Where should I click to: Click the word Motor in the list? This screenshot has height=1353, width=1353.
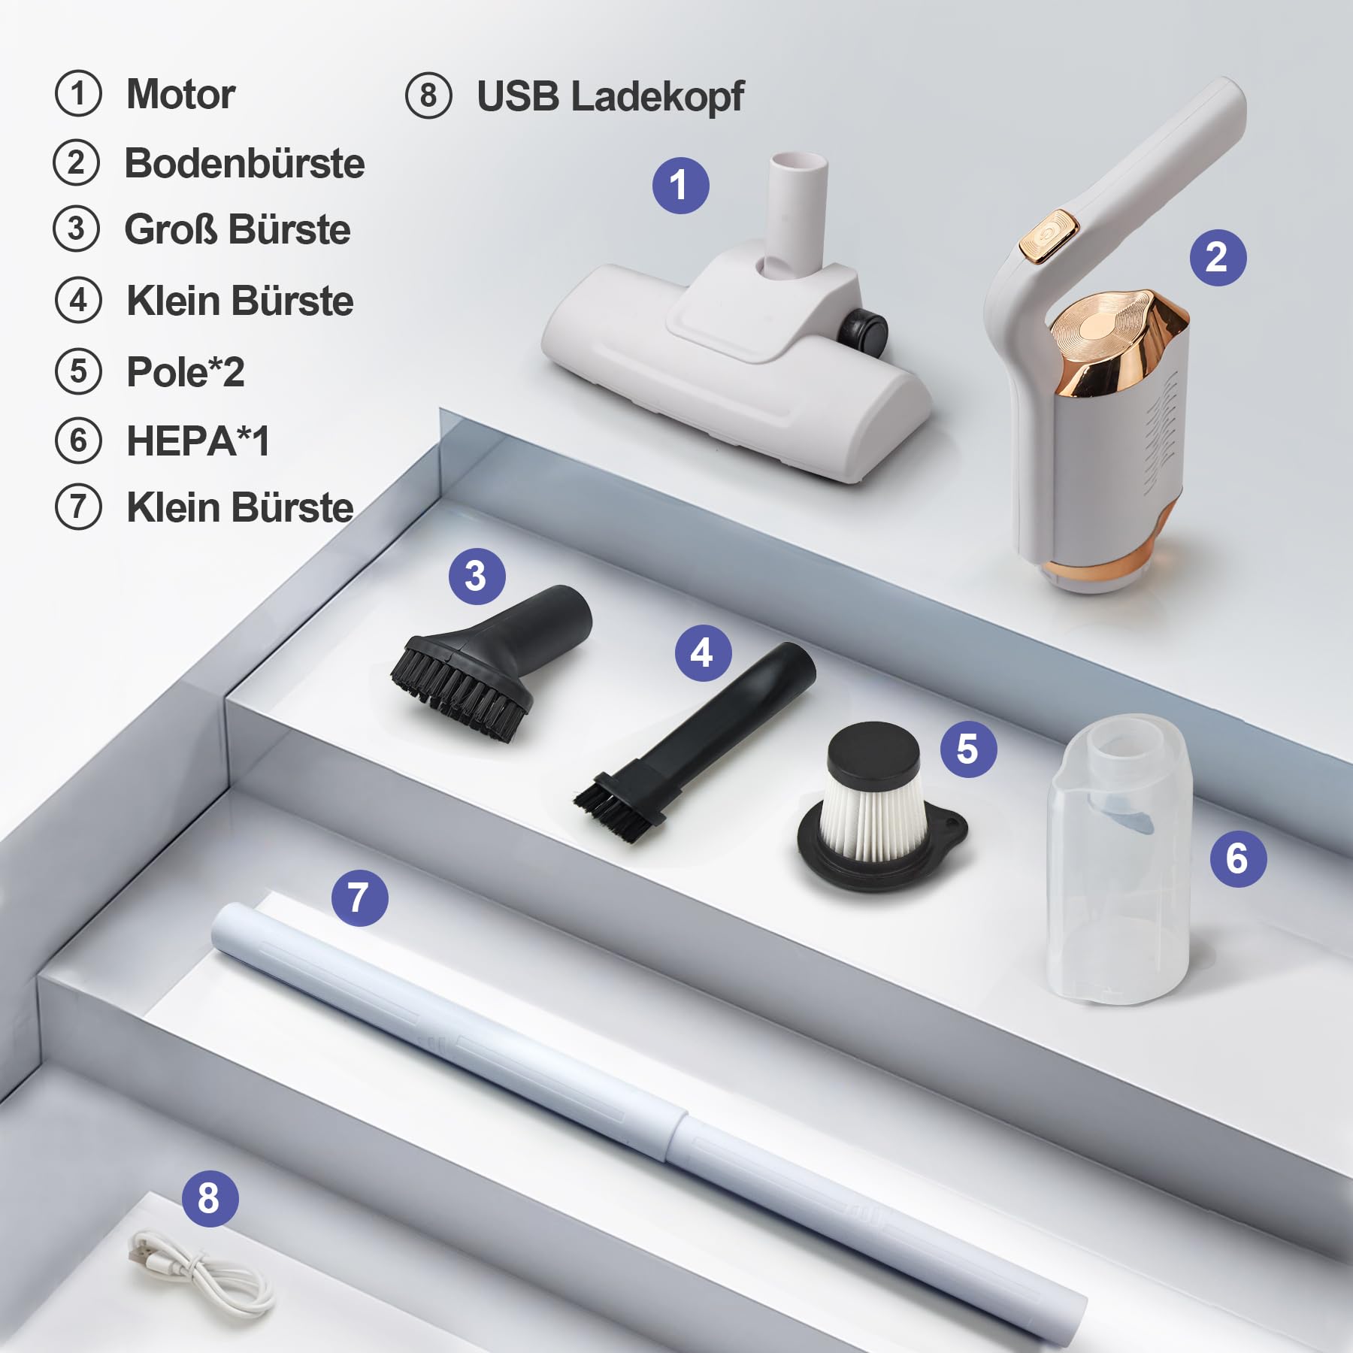[x=180, y=95]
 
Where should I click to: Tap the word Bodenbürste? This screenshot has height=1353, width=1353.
[x=244, y=163]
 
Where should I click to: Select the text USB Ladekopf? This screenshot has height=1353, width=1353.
[x=610, y=97]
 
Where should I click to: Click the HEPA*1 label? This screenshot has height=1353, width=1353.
[x=198, y=440]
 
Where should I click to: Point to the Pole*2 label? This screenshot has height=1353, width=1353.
[x=185, y=371]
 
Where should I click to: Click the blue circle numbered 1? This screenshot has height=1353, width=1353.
[x=680, y=186]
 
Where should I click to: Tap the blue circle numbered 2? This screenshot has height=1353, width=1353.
[x=1218, y=257]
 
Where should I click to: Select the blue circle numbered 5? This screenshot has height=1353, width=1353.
[x=968, y=749]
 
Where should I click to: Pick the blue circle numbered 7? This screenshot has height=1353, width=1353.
[x=359, y=897]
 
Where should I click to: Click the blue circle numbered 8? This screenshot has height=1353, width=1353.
[x=210, y=1198]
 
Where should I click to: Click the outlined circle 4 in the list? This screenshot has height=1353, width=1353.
[x=78, y=301]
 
